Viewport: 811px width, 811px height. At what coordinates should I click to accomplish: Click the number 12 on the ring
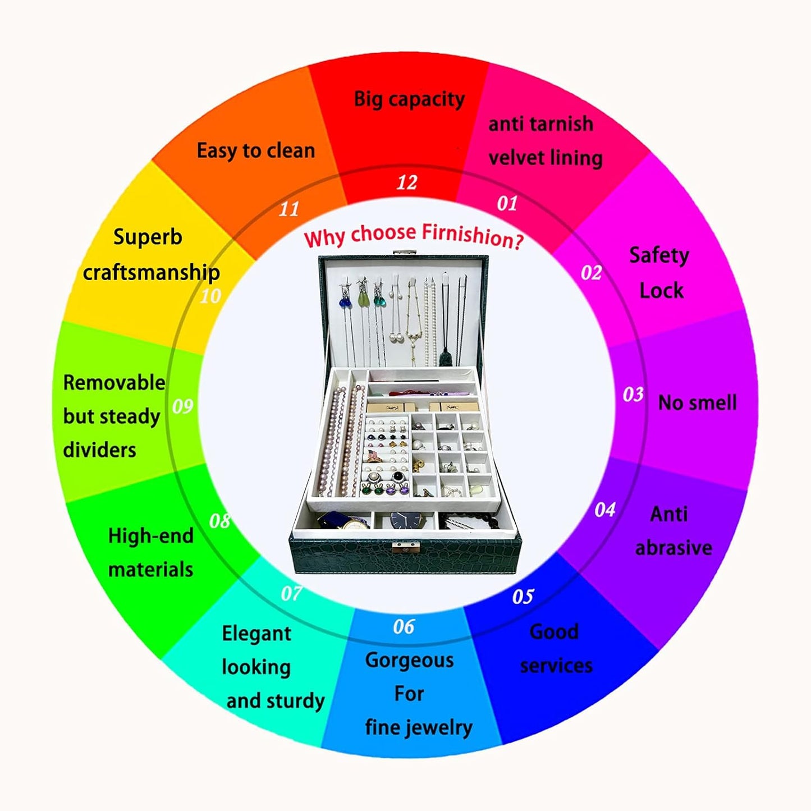407,182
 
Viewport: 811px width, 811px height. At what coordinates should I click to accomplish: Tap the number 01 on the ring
507,203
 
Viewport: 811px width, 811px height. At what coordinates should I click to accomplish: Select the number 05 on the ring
523,596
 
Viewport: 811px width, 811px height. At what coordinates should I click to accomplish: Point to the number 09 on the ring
182,406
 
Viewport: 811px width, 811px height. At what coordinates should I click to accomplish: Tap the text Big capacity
409,99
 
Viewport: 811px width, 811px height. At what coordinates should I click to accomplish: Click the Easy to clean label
255,150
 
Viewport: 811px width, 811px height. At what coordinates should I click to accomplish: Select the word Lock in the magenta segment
661,291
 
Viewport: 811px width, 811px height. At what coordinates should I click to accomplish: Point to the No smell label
697,402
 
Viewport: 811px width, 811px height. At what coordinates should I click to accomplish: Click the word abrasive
673,548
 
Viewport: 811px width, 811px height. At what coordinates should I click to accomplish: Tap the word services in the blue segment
556,666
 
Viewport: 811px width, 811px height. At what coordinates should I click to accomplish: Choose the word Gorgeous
409,660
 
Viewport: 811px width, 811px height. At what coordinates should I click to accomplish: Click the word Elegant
256,634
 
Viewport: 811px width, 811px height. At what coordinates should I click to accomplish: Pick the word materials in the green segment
150,570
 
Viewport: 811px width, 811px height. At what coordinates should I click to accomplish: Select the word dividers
99,450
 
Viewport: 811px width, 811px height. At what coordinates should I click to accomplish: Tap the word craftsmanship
151,273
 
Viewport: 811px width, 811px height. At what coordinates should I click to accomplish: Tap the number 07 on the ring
291,593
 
